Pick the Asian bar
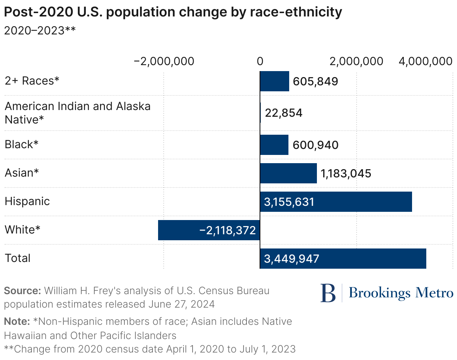coord(288,173)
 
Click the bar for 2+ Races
coord(274,81)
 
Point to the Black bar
coord(274,145)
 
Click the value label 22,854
coord(284,113)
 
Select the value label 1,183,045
coord(346,173)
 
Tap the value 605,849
coord(315,81)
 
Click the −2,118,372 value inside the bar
coord(227,230)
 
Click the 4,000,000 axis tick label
coord(426,61)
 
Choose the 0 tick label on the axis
coord(260,61)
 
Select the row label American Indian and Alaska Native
coord(78,113)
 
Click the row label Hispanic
coord(27,202)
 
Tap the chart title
coord(173,12)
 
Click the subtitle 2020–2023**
coord(40,30)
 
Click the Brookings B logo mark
coord(328,293)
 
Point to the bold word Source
coord(22,291)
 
